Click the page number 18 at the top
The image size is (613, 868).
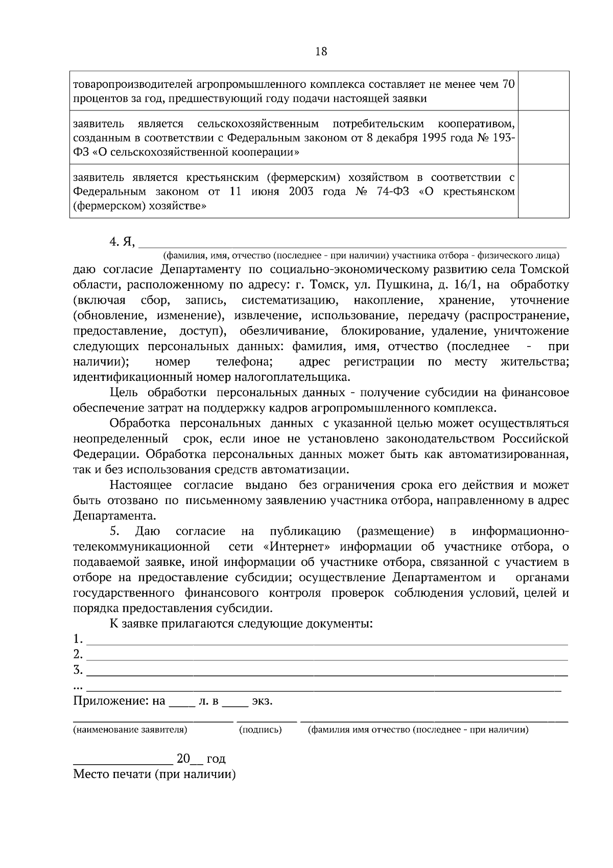[x=321, y=52]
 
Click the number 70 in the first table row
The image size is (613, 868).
[x=508, y=84]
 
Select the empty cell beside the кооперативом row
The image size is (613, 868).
[x=544, y=138]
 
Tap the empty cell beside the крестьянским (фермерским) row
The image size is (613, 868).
[x=544, y=191]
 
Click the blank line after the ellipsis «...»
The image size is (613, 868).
[x=324, y=687]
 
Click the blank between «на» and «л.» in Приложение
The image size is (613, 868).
[x=182, y=701]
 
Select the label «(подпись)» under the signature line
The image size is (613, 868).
[x=261, y=730]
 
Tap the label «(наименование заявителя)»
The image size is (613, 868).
[x=130, y=730]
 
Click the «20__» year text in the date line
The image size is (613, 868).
[x=186, y=759]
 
